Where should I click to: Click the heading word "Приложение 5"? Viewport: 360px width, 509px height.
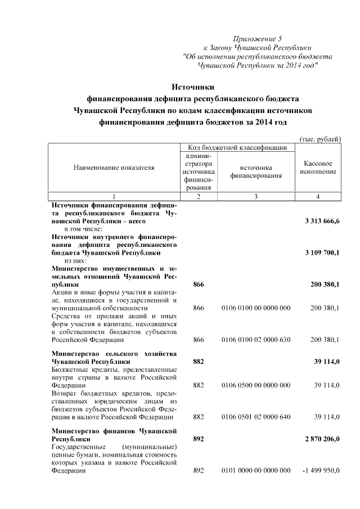click(258, 39)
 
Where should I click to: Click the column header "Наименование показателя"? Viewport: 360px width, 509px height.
click(114, 167)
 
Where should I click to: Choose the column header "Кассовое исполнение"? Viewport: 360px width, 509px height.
click(318, 167)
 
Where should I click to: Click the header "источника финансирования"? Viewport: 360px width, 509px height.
click(255, 172)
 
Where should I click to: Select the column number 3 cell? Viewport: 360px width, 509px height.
click(255, 196)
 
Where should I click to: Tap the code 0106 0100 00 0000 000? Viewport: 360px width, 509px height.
click(256, 308)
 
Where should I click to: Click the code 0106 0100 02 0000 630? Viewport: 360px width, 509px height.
click(256, 340)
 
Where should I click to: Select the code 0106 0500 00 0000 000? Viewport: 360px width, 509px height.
click(256, 385)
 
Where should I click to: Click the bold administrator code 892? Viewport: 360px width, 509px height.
click(198, 439)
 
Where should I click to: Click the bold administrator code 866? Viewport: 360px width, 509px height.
click(198, 285)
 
